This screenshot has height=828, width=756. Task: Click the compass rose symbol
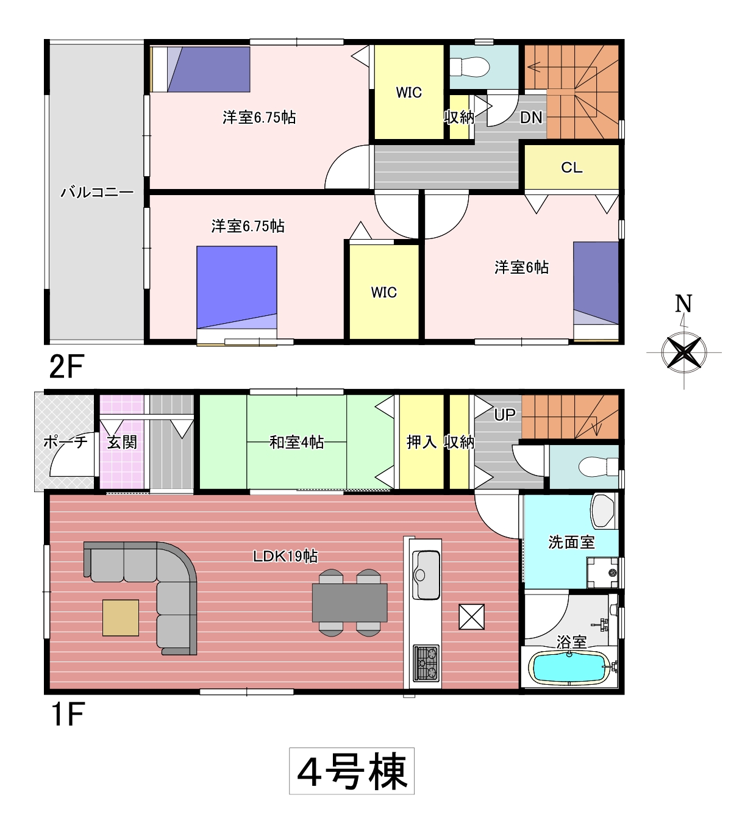click(683, 352)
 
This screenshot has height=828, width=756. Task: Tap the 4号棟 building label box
click(351, 771)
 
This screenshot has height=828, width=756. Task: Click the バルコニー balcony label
click(98, 192)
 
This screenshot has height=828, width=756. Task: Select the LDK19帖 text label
click(285, 557)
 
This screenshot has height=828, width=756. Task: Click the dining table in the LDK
click(350, 602)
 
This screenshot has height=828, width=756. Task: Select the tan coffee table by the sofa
click(121, 618)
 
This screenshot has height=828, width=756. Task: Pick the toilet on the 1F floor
click(598, 467)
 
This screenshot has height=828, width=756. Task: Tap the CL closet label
click(571, 167)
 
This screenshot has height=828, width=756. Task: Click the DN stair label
click(531, 118)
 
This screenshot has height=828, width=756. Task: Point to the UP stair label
click(505, 415)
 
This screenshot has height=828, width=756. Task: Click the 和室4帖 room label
click(296, 443)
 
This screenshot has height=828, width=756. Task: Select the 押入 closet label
click(421, 442)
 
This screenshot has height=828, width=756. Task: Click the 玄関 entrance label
click(122, 442)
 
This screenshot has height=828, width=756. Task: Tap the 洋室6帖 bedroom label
click(521, 268)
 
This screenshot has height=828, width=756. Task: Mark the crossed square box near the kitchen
click(471, 616)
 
